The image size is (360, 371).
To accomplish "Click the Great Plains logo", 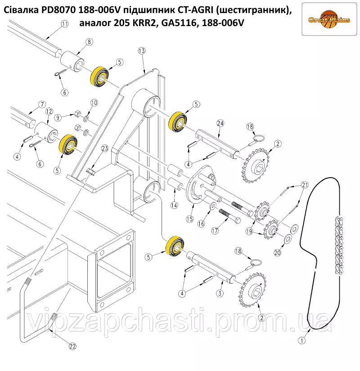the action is pos(329,19).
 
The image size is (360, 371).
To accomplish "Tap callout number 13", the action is pos(142,51).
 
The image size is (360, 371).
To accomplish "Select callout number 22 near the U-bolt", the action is pos(72,346).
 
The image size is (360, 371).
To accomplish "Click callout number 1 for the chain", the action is pos(302,340).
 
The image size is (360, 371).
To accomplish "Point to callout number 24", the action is pos(220,123).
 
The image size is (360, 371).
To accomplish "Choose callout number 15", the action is pos(189,219).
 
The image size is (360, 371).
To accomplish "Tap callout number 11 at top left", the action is pos(65,24).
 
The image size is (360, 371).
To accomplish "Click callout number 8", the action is pos(89,42).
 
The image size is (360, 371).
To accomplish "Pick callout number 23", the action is pos(104,148).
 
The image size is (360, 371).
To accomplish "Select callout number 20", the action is pos(277,253).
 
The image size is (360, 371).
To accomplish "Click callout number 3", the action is pos(220,293).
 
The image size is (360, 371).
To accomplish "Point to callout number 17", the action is pos(215,231).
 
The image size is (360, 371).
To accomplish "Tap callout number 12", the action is pos(49,111).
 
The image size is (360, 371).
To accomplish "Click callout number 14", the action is pos(174,205).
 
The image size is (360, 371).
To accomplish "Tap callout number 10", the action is pos(94,103).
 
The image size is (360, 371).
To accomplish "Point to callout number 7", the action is pos(42,104).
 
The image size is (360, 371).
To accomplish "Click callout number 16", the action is pos(201,223).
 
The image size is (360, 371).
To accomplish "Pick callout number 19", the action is pos(249,231).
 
